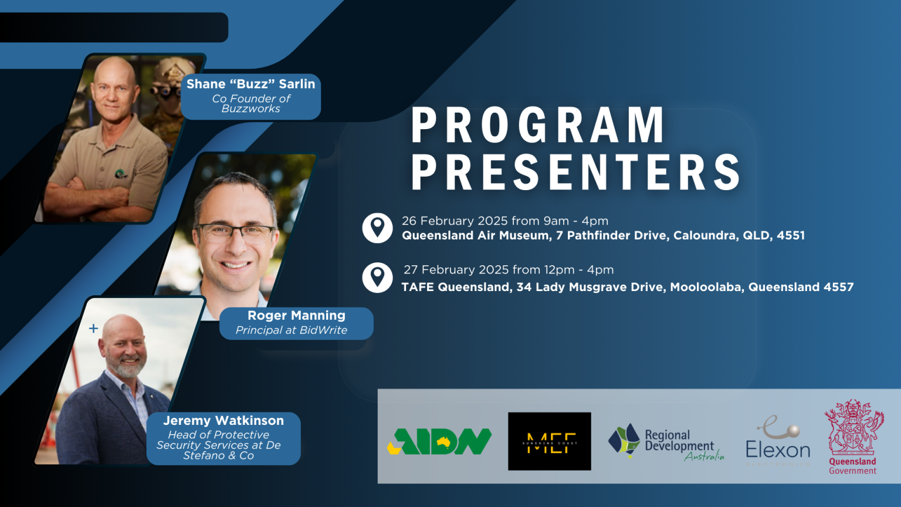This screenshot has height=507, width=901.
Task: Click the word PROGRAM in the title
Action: point(538,125)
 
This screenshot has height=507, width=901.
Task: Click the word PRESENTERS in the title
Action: point(576,173)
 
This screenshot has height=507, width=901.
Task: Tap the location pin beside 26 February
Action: point(377,228)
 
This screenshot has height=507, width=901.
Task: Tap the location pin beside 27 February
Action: point(377,277)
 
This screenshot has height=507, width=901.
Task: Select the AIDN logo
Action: point(440,441)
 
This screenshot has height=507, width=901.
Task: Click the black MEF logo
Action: point(549,441)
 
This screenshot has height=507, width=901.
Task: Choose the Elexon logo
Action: point(778,441)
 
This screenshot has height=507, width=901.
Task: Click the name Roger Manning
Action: point(296,316)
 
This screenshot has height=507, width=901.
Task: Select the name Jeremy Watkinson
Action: point(223,421)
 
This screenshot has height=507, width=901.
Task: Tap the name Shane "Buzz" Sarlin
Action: point(250,84)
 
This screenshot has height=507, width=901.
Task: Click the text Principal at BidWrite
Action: point(292,330)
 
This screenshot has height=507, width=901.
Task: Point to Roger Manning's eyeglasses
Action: point(235,232)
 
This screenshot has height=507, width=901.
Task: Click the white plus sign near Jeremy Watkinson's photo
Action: point(93,329)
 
